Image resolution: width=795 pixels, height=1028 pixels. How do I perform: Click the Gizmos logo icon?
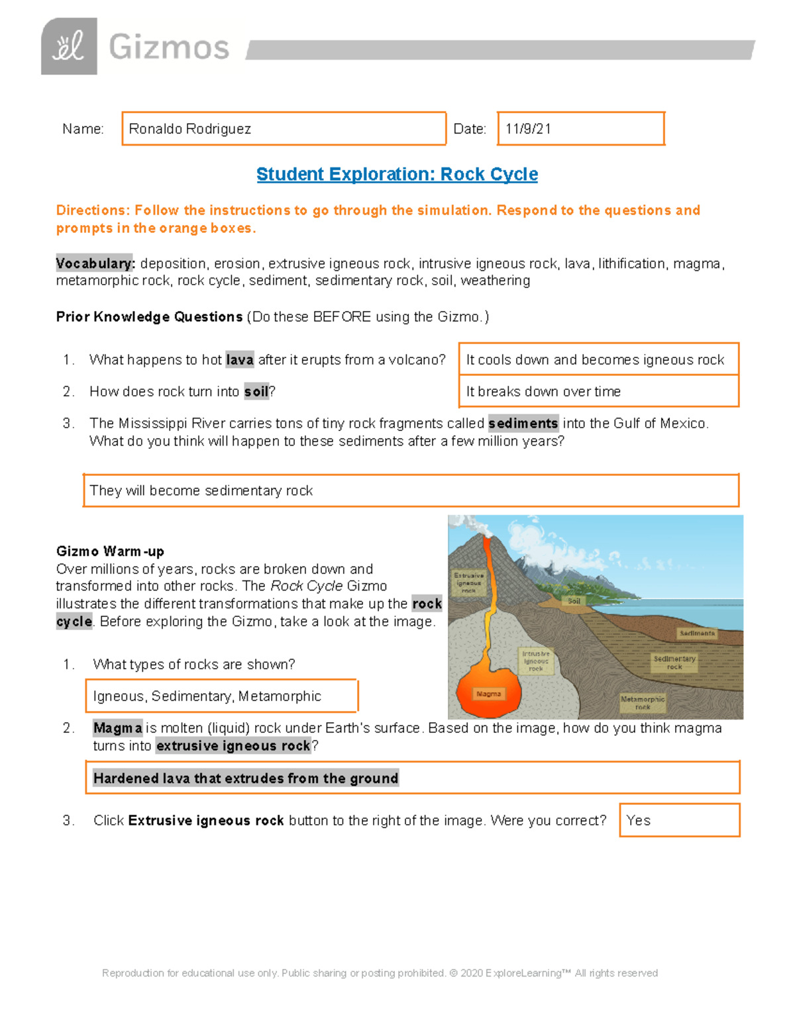pyautogui.click(x=69, y=46)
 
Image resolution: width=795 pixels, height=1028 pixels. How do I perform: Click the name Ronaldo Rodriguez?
pyautogui.click(x=189, y=129)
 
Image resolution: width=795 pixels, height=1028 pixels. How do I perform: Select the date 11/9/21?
pyautogui.click(x=528, y=129)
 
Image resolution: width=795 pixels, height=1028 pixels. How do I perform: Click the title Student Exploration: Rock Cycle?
pyautogui.click(x=397, y=174)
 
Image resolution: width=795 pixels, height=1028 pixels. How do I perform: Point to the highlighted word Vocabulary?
pyautogui.click(x=95, y=263)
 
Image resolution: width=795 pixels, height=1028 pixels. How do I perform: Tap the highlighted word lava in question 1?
pyautogui.click(x=239, y=359)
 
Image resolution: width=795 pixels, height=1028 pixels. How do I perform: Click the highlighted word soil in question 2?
pyautogui.click(x=256, y=391)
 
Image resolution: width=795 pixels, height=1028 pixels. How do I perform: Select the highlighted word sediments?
pyautogui.click(x=523, y=423)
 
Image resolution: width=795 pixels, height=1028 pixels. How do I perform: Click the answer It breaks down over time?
pyautogui.click(x=543, y=391)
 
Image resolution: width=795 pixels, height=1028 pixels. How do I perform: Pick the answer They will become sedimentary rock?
pyautogui.click(x=201, y=491)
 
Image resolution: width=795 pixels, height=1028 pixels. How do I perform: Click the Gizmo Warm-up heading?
pyautogui.click(x=110, y=551)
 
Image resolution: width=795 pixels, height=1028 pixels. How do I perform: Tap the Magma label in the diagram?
pyautogui.click(x=489, y=694)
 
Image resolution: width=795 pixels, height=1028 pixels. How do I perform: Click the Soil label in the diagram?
pyautogui.click(x=574, y=601)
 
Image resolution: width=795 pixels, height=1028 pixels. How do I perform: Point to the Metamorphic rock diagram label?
pyautogui.click(x=642, y=703)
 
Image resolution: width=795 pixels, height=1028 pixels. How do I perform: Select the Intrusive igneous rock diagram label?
pyautogui.click(x=536, y=661)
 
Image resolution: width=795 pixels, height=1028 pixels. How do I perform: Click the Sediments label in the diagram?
pyautogui.click(x=697, y=633)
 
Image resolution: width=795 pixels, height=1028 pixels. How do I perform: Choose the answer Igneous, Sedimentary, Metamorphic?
pyautogui.click(x=207, y=696)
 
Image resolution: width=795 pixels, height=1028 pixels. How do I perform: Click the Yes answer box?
pyautogui.click(x=679, y=820)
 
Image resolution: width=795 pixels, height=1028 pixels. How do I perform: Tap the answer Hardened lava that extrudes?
pyautogui.click(x=246, y=778)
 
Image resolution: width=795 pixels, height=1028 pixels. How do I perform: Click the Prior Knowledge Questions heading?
pyautogui.click(x=149, y=317)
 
